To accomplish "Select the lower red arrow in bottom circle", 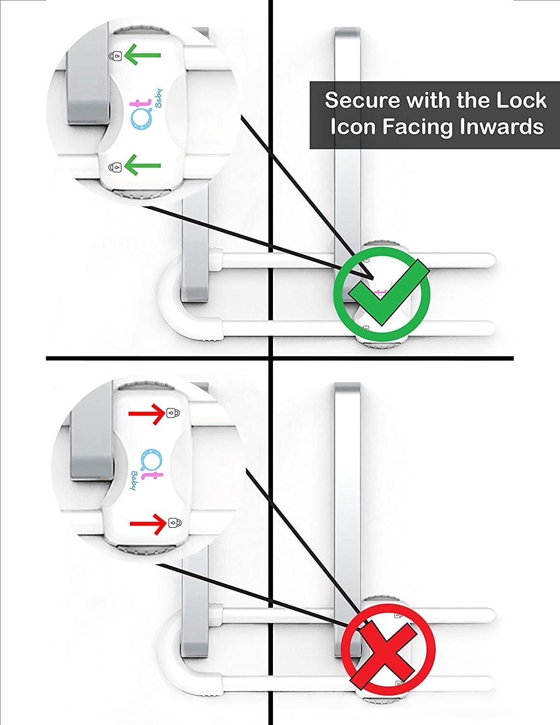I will point(148,523).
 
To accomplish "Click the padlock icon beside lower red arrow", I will point(172,522).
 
